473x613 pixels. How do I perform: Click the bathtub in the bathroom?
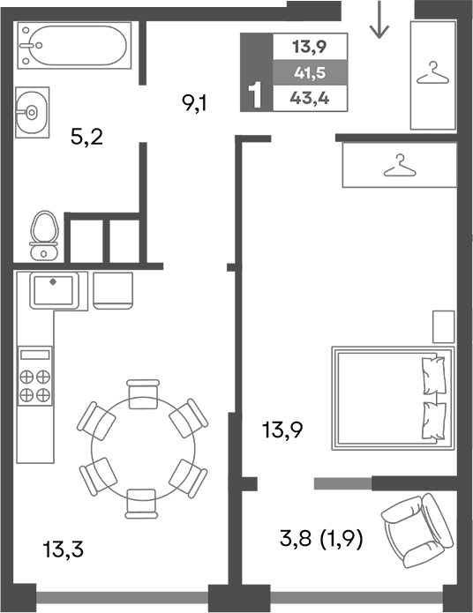point(74,45)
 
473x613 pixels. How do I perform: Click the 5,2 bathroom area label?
point(86,137)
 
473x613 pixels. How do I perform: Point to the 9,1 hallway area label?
point(195,104)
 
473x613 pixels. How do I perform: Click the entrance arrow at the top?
point(379,20)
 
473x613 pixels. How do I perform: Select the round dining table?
point(142,450)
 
